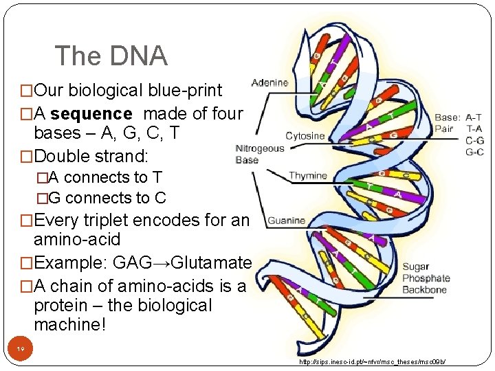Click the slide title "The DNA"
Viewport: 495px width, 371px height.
coord(111,56)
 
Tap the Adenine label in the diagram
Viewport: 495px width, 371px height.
coord(269,82)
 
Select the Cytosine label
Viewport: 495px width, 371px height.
coord(306,135)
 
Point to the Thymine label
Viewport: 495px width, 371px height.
coord(307,176)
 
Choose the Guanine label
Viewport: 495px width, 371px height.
coord(287,221)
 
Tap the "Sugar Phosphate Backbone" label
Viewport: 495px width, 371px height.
coord(426,278)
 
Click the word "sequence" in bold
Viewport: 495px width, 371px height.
coord(91,113)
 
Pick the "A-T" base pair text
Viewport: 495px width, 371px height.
coord(474,117)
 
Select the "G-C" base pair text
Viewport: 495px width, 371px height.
coord(474,151)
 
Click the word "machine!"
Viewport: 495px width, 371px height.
coord(70,325)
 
